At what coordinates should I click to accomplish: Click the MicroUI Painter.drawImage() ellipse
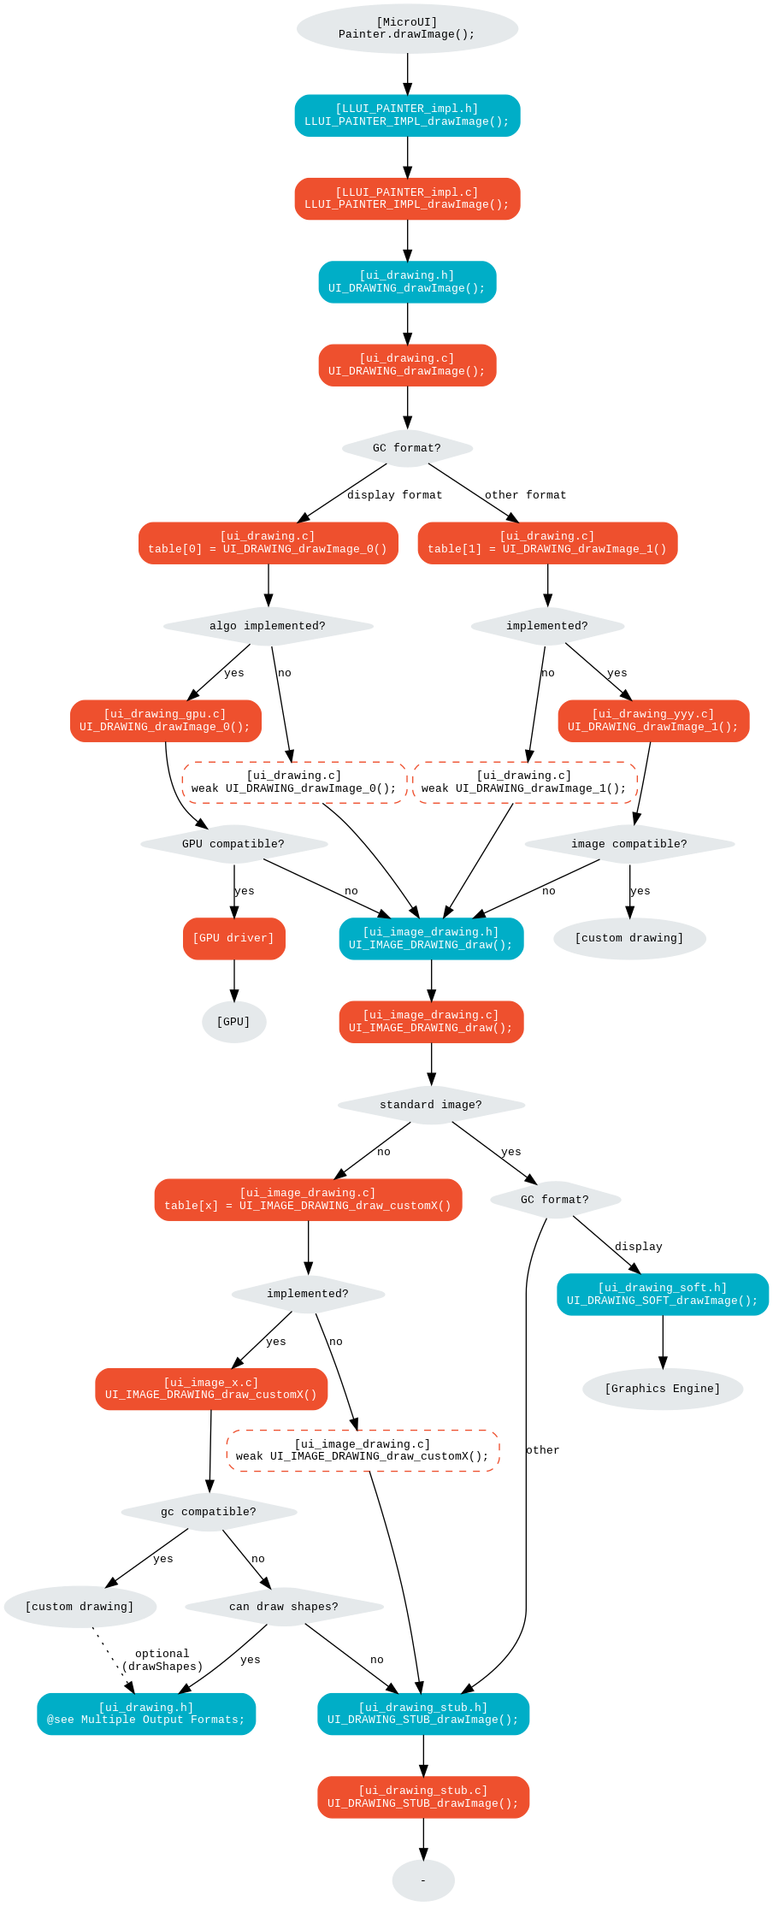tap(407, 28)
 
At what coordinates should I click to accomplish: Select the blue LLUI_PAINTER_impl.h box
tap(407, 115)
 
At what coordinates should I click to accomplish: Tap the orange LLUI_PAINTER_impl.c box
tap(407, 198)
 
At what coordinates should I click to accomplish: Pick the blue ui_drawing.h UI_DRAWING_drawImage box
tap(407, 282)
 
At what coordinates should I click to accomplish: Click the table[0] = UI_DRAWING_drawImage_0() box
tap(268, 543)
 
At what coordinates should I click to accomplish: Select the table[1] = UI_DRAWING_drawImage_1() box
tap(547, 543)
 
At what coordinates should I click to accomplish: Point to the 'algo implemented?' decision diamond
tap(268, 626)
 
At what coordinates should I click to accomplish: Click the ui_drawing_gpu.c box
tap(166, 721)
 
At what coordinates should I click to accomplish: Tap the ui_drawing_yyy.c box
tap(653, 721)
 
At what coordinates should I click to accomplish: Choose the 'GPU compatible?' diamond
tap(233, 844)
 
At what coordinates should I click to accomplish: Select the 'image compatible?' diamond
tap(629, 844)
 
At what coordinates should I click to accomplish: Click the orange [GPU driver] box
tap(233, 939)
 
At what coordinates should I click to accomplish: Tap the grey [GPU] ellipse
tap(233, 1022)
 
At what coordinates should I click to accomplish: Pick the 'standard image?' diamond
tap(431, 1105)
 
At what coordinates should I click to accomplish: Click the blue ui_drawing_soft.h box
tap(663, 1295)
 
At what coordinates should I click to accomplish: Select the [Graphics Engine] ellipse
tap(663, 1389)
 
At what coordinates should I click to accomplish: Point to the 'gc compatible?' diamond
tap(209, 1512)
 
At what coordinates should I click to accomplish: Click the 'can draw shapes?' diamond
tap(284, 1607)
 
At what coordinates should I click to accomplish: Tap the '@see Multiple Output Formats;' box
tap(146, 1714)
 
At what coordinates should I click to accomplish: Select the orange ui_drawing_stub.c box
tap(423, 1797)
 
